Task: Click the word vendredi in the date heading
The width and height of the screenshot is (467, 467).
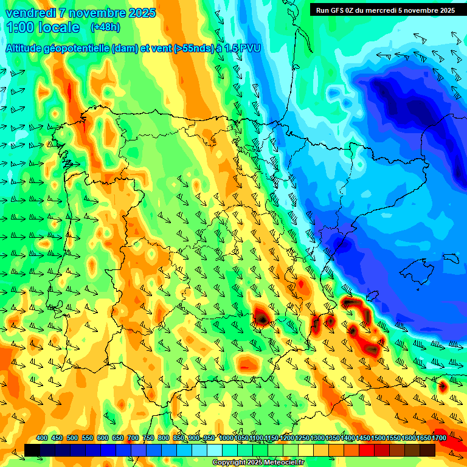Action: click(30, 13)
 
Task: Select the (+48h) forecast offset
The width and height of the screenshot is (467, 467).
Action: click(105, 27)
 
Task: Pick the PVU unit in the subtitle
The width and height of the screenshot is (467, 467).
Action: click(249, 49)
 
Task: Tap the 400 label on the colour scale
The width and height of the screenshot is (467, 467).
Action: click(42, 438)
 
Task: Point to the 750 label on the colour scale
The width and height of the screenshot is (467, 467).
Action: click(148, 438)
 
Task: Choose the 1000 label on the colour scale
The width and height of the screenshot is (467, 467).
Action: click(226, 438)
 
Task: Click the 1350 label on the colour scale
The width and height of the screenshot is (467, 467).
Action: click(333, 438)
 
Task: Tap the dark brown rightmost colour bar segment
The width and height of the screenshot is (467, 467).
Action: click(427, 450)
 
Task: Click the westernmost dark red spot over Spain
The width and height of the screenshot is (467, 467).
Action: click(261, 317)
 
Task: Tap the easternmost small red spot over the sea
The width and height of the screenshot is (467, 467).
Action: click(443, 386)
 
